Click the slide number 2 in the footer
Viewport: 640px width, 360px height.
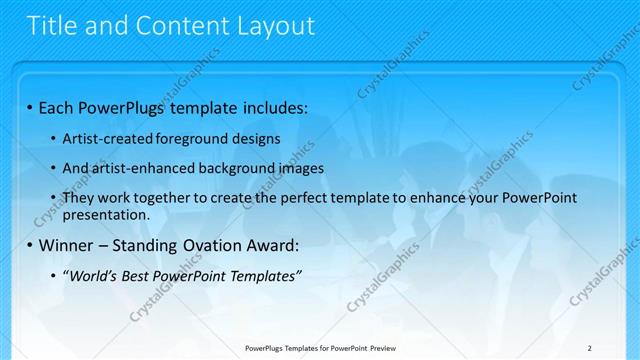click(589, 348)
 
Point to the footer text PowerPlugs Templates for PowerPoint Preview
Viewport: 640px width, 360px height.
click(320, 348)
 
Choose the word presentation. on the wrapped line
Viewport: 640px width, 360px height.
click(106, 214)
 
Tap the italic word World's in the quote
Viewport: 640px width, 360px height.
click(90, 276)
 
